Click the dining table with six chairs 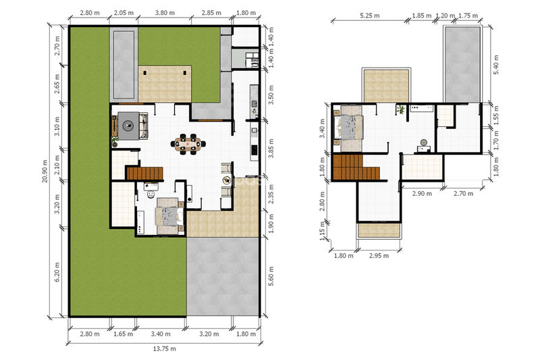point(188,144)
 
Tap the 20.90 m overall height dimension point(45,171)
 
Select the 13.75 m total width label point(164,349)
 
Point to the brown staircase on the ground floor point(144,174)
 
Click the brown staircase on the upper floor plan point(355,168)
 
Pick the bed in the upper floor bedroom point(348,127)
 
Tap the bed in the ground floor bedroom point(167,216)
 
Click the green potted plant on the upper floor point(400,110)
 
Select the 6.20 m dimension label point(57,272)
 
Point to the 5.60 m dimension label point(271,276)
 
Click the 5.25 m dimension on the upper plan point(369,16)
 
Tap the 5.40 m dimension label point(496,65)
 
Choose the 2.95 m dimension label point(379,255)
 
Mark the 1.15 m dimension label point(323,231)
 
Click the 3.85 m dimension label point(271,149)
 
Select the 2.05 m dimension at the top point(124,13)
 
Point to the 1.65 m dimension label point(123,334)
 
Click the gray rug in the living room point(128,126)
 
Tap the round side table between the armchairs point(227,180)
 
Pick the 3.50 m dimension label point(271,95)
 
